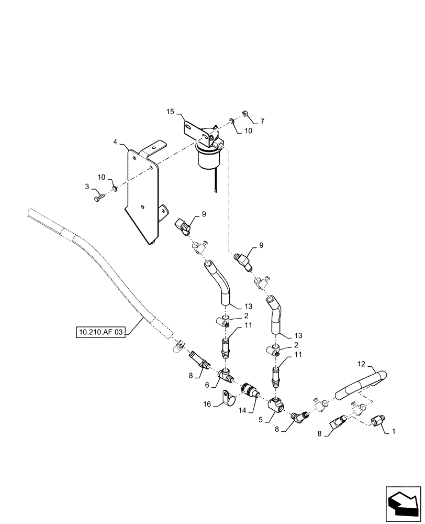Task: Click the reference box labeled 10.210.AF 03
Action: [x=101, y=332]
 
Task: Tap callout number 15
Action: [x=170, y=112]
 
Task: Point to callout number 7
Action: [x=262, y=121]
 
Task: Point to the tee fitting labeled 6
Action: [x=227, y=375]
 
